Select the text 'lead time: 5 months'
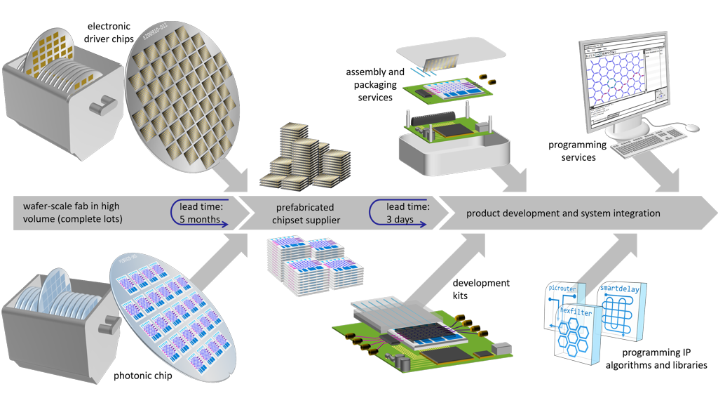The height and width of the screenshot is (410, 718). (x=201, y=213)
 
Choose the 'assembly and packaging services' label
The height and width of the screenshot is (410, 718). (x=375, y=85)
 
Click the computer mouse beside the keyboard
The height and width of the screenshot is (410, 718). (x=692, y=128)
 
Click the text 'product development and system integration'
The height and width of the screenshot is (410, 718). (x=563, y=213)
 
